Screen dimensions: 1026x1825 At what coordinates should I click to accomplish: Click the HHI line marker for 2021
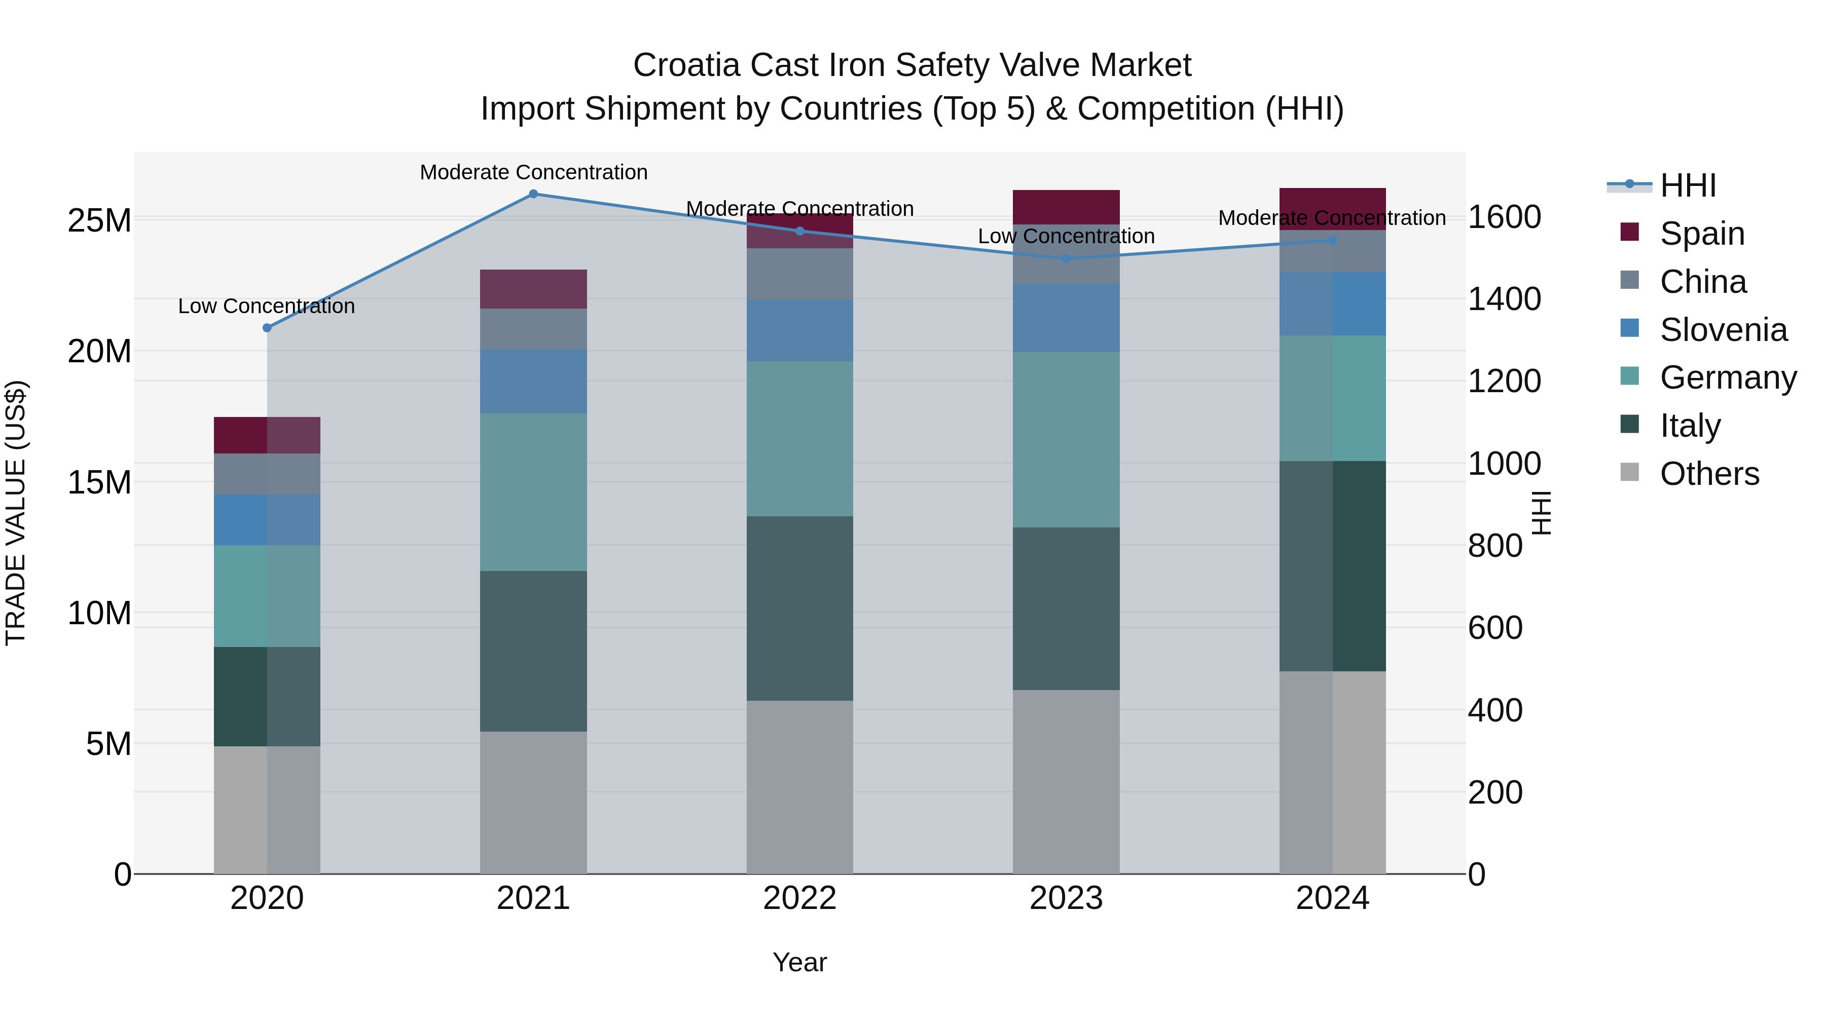[x=533, y=194]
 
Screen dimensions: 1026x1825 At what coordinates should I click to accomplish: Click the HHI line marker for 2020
[x=267, y=328]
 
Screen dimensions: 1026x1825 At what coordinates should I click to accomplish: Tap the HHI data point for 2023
[x=1066, y=258]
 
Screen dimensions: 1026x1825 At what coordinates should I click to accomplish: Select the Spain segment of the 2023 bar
[x=1066, y=207]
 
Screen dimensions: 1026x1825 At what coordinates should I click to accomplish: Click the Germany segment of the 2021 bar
[x=533, y=492]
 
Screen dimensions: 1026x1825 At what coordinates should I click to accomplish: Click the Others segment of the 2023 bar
[x=1066, y=782]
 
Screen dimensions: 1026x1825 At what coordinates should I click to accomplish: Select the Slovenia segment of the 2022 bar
[x=800, y=331]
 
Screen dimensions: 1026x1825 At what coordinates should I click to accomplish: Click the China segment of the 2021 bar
[x=533, y=328]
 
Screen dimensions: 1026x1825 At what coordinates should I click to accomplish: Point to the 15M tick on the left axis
[x=99, y=482]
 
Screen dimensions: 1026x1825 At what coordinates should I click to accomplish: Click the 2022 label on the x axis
[x=800, y=898]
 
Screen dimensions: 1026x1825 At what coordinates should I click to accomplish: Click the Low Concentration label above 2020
[x=266, y=306]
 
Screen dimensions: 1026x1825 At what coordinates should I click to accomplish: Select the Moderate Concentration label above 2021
[x=533, y=172]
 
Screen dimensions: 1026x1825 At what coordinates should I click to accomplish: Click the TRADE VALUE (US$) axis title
[x=16, y=513]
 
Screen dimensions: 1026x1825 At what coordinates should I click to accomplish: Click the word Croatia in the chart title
[x=687, y=65]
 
